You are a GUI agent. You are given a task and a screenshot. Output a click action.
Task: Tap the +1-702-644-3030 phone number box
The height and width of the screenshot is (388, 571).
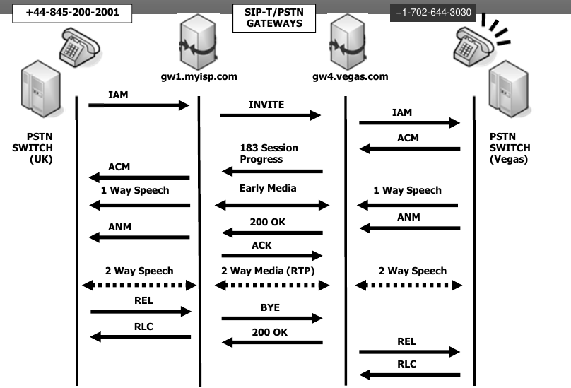click(x=432, y=13)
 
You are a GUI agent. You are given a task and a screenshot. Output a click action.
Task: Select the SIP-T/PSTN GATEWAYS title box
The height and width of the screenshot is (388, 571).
click(x=269, y=18)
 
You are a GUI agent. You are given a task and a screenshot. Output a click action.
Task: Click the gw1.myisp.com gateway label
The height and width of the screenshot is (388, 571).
click(x=199, y=76)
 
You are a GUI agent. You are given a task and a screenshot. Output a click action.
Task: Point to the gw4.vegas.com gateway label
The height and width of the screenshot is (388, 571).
click(x=350, y=76)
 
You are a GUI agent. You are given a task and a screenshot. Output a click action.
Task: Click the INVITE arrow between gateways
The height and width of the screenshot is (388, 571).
click(x=271, y=114)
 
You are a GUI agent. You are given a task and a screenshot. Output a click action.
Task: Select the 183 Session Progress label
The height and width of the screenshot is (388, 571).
click(x=269, y=153)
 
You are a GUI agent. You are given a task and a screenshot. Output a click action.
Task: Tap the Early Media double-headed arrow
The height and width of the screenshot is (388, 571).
click(x=272, y=205)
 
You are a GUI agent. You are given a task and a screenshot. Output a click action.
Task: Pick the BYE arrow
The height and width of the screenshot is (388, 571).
click(x=272, y=318)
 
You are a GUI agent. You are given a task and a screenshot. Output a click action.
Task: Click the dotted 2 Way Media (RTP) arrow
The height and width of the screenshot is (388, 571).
click(x=272, y=285)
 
